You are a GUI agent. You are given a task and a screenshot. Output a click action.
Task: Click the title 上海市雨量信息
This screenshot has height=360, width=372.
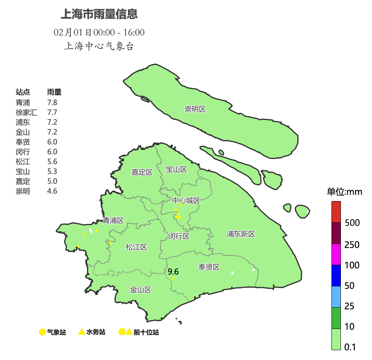pos(99,15)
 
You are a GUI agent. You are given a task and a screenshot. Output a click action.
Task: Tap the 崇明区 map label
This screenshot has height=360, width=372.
pos(195,109)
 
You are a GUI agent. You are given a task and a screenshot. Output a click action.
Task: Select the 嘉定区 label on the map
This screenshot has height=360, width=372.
pos(142,172)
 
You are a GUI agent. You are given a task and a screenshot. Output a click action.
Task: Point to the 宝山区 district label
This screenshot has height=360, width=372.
pos(176,170)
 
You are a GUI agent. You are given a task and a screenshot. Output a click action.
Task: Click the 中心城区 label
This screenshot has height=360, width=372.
pos(186,201)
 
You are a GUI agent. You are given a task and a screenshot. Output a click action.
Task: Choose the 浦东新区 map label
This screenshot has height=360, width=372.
pos(241,234)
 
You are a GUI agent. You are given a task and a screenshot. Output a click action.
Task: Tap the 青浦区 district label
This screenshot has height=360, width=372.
pos(113,220)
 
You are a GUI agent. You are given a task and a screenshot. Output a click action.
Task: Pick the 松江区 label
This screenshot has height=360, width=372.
pos(136,247)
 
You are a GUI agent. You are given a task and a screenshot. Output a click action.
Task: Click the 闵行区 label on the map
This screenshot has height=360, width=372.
pos(179,236)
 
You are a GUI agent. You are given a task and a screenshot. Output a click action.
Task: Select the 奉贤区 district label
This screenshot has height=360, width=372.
pos(209,267)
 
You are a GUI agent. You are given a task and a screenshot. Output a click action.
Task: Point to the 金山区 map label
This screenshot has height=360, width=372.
pos(141,290)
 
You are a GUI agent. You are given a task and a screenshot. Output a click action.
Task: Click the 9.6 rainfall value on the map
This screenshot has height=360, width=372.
pos(173,271)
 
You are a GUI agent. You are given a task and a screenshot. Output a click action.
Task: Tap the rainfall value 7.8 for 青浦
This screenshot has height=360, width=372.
pos(52,103)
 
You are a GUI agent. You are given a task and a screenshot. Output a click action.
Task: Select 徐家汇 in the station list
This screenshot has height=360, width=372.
pos(26,113)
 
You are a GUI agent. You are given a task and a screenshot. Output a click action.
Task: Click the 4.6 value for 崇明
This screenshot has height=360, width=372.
pos(52,191)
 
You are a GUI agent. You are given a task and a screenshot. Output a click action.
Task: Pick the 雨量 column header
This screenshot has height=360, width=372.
pos(54,92)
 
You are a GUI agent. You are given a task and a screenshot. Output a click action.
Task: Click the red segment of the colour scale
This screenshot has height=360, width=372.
pos(336,212)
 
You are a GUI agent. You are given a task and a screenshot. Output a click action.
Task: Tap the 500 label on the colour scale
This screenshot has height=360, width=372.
pos(352,223)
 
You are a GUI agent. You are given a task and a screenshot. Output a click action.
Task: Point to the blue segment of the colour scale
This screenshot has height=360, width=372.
pos(336,275)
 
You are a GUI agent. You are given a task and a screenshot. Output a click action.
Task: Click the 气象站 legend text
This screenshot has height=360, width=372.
pos(56,332)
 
